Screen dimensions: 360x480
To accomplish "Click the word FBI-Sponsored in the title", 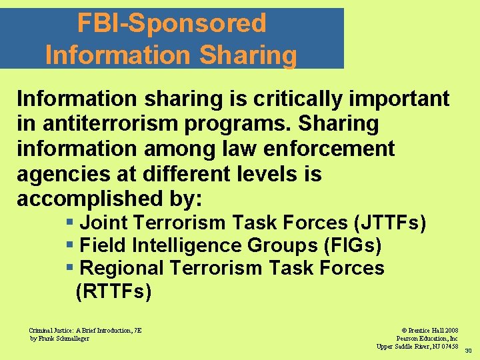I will click(171, 23).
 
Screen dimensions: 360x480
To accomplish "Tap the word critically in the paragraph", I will click(295, 99).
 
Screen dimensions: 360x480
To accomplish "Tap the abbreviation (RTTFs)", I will click(114, 292).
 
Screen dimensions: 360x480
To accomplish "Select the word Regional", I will click(121, 269).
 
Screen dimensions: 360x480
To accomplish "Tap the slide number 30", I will click(468, 351).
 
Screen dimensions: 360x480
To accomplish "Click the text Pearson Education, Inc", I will click(427, 338).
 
